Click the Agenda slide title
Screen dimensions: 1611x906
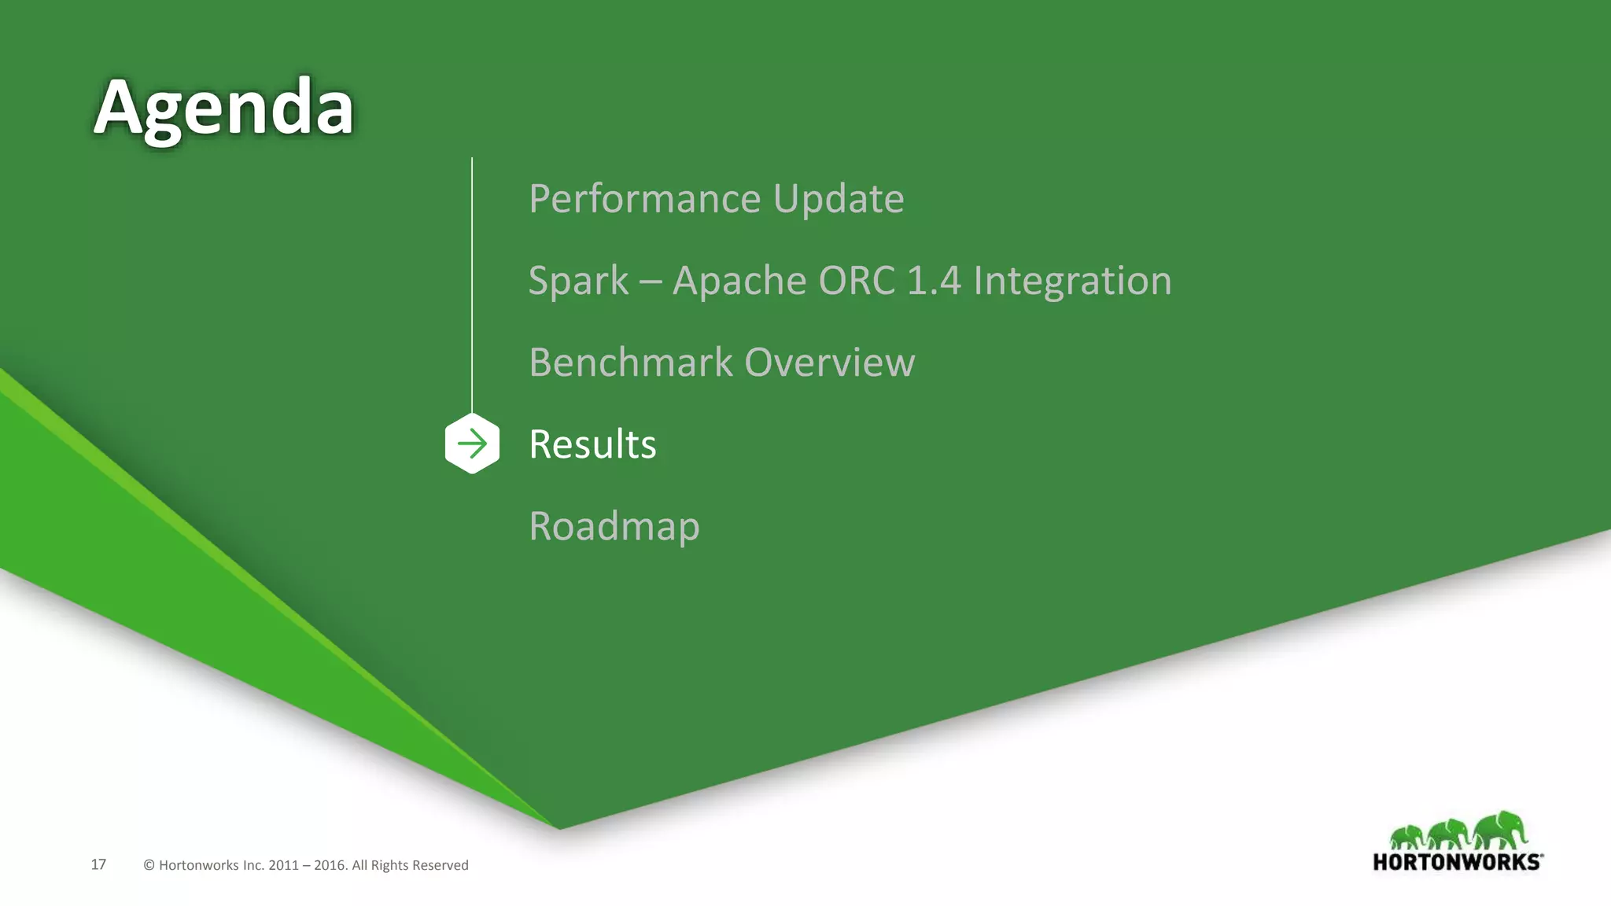click(x=223, y=109)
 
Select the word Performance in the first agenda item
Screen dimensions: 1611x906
click(x=644, y=198)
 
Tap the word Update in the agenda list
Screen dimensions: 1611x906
click(x=839, y=198)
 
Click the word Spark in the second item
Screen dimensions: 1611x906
click(x=578, y=281)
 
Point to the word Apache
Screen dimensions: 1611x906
click(x=739, y=281)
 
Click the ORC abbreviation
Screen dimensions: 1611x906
click(x=857, y=281)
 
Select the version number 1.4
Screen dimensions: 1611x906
click(x=934, y=281)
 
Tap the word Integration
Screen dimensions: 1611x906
click(x=1072, y=281)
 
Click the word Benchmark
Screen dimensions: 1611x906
click(x=631, y=363)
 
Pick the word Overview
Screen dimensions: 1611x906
click(x=830, y=363)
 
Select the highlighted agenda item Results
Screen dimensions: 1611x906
click(x=592, y=444)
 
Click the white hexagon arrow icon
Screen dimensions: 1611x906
click(x=472, y=444)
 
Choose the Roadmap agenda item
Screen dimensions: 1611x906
click(x=614, y=526)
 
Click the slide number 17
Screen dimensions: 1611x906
click(x=98, y=864)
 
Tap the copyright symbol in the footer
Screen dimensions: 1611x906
click(x=149, y=865)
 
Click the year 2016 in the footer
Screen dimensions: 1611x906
click(x=330, y=865)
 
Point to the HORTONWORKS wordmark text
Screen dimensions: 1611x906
click(x=1457, y=862)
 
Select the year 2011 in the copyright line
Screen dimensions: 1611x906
click(x=283, y=865)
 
